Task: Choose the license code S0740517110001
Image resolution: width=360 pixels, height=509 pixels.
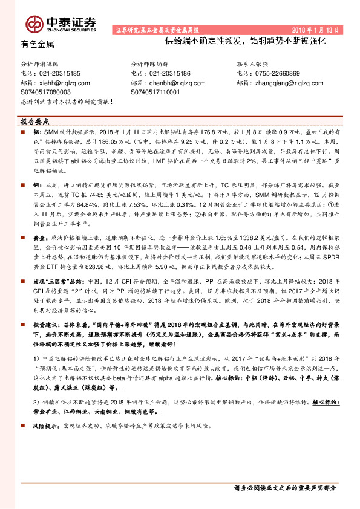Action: tap(155, 92)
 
